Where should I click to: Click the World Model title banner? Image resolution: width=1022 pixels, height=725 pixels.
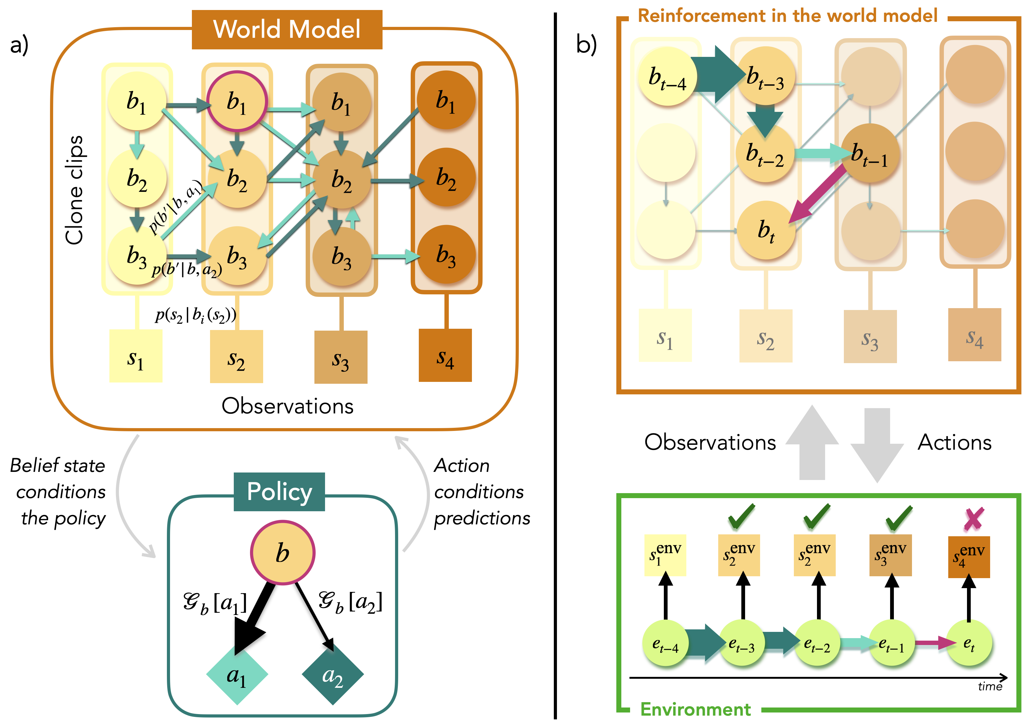[287, 29]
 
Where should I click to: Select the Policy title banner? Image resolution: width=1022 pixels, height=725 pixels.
[279, 492]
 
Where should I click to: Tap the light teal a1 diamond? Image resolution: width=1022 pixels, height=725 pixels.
[237, 675]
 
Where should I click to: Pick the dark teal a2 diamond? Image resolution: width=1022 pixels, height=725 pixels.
[333, 675]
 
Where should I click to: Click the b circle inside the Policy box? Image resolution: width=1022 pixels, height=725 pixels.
[283, 553]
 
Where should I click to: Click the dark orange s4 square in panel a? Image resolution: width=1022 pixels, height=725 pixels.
[445, 355]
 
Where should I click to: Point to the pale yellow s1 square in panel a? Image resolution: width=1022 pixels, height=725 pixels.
[136, 356]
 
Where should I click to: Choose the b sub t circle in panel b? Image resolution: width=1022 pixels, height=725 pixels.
[766, 230]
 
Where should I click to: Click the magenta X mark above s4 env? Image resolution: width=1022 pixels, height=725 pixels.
[973, 519]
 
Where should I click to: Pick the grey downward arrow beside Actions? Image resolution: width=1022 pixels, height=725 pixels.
[877, 444]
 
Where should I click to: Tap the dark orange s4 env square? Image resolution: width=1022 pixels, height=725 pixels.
[969, 557]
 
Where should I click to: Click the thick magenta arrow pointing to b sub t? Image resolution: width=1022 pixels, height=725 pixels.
[817, 194]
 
